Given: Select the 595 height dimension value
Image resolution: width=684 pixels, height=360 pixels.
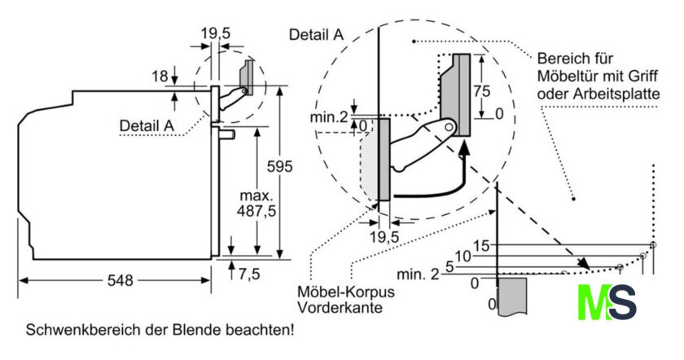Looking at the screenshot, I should pos(278,167).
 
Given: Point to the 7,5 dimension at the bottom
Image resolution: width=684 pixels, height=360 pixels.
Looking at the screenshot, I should pos(248,274).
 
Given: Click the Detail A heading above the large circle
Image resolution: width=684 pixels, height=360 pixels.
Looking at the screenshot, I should pos(316,34).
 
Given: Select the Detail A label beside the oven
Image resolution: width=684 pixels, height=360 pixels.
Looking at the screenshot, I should pos(147,125).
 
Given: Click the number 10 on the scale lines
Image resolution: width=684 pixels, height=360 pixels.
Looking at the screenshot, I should pos(463,256).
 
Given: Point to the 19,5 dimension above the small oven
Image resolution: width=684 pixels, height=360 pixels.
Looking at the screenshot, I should pos(216,33).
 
